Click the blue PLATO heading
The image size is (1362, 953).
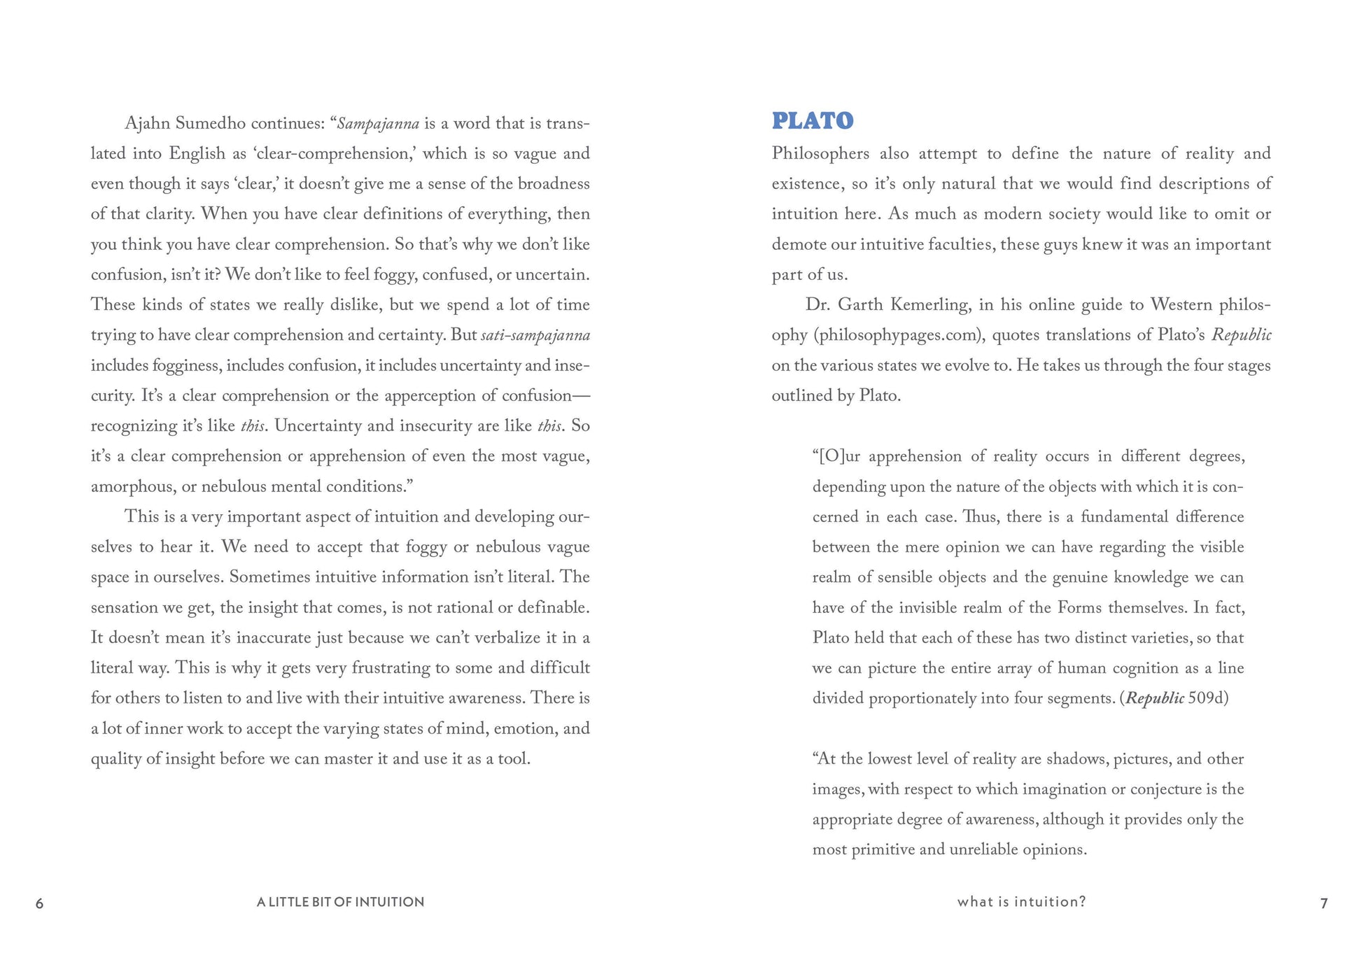[813, 121]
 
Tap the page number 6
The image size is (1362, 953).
[40, 903]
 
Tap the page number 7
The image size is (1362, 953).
[1324, 903]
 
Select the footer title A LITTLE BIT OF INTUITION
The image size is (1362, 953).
[340, 902]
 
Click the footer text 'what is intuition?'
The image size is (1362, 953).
[1021, 902]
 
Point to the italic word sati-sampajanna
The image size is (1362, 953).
[535, 335]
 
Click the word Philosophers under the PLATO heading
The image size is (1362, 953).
[820, 154]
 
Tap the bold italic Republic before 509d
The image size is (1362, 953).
[1155, 698]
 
